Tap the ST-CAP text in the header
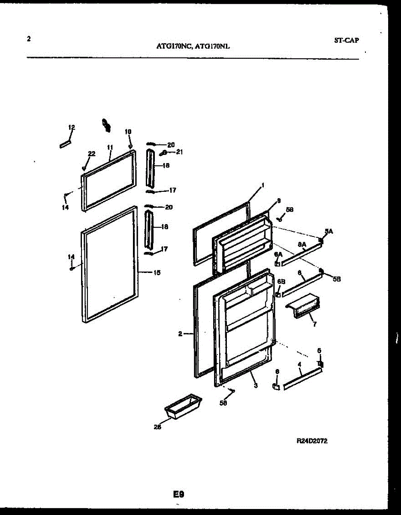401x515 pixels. (346, 40)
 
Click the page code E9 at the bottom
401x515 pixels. (178, 495)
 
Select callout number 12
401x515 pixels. (72, 127)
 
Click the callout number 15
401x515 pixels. (157, 272)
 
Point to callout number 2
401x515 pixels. (181, 333)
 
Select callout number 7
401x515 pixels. (314, 324)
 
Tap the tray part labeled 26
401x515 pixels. (183, 405)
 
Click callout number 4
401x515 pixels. (299, 364)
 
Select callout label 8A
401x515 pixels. (302, 245)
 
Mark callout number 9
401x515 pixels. (278, 200)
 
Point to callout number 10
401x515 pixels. (128, 131)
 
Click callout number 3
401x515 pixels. (255, 386)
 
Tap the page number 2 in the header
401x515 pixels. (28, 39)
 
